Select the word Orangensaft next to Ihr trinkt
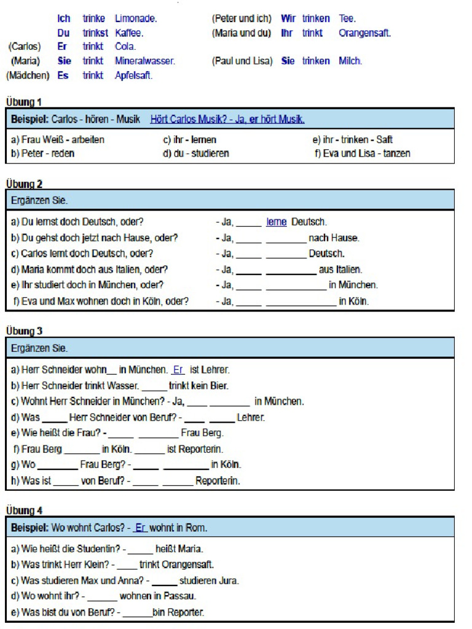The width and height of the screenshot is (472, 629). tap(364, 33)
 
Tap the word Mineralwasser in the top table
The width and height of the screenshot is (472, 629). tap(145, 61)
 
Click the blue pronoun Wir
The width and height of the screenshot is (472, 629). tap(288, 19)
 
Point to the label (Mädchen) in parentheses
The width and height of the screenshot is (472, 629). tap(28, 76)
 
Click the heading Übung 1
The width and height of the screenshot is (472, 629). tap(24, 102)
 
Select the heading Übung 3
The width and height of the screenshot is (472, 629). tap(24, 331)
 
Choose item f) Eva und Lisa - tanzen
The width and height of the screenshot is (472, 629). tap(362, 153)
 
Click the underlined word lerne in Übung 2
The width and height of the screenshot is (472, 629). tap(277, 222)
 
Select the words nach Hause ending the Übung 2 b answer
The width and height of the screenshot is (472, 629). tap(334, 238)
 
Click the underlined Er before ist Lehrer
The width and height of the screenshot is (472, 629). tap(178, 370)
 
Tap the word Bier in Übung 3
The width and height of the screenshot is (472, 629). tap(219, 386)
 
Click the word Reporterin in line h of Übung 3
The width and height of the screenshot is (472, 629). tap(218, 481)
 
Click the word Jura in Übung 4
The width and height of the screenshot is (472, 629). tap(229, 580)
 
